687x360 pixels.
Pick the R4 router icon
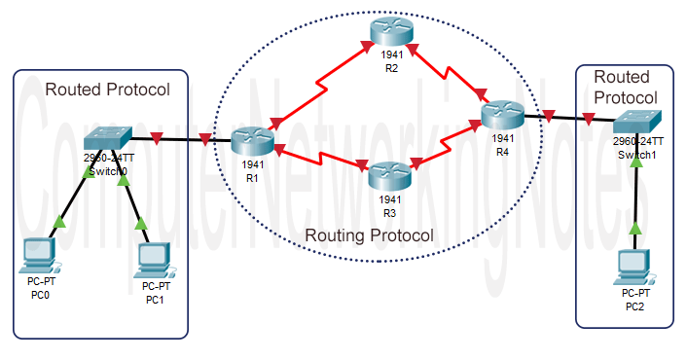click(x=502, y=117)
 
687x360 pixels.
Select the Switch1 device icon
click(x=638, y=123)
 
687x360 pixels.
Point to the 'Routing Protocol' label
click(x=369, y=235)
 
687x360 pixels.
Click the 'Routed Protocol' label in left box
click(x=108, y=90)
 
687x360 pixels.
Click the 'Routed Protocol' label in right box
click(x=624, y=88)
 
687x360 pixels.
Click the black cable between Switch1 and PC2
click(x=635, y=195)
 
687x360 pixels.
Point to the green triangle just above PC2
click(x=635, y=228)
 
